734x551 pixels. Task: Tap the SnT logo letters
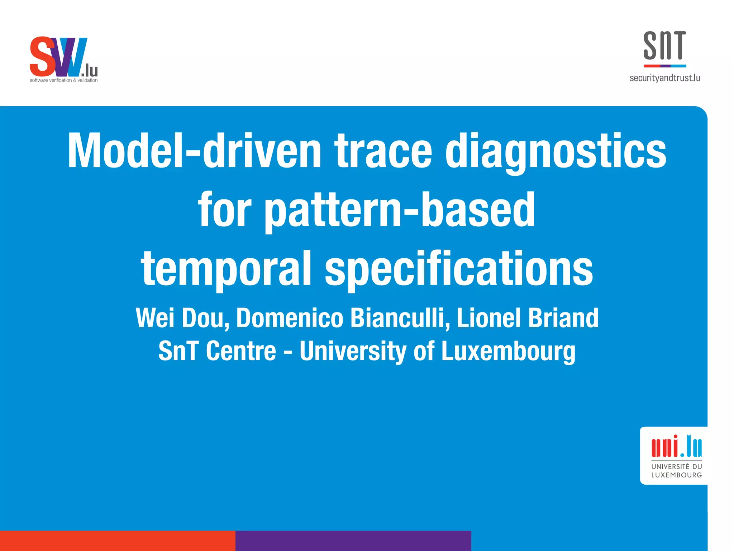[664, 46]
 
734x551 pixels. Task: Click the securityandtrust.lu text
[665, 78]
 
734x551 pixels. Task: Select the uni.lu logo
[676, 446]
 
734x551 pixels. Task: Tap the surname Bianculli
[399, 318]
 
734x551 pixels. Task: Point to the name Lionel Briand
[527, 318]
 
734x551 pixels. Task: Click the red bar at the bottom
[118, 541]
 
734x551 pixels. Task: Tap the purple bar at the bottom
[353, 541]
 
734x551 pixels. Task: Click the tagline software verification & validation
[63, 80]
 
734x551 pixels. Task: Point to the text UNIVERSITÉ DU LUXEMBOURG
[676, 471]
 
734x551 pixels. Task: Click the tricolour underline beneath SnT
[665, 66]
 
